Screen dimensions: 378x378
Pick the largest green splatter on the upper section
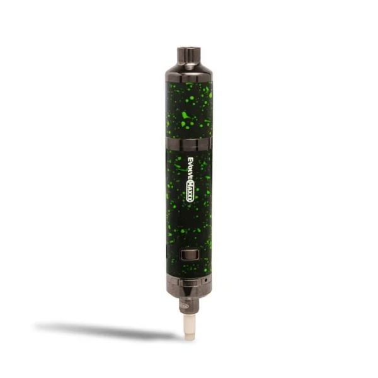186,117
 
